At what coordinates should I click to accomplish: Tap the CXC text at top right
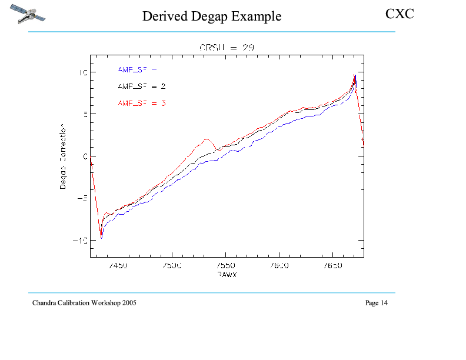(400, 14)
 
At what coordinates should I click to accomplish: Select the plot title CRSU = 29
(227, 48)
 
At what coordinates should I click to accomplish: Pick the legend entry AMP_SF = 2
(141, 86)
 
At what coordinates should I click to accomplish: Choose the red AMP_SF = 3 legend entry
(141, 103)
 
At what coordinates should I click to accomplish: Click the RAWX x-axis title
(227, 274)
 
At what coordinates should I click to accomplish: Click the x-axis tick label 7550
(226, 266)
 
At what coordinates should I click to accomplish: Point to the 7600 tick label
(279, 266)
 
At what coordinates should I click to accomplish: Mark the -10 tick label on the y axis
(79, 241)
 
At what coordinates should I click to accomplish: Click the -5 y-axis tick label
(82, 198)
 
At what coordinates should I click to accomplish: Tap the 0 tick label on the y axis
(85, 156)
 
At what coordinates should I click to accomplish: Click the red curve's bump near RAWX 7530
(207, 139)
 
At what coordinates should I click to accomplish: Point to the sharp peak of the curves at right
(354, 76)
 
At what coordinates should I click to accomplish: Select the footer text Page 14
(377, 303)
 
